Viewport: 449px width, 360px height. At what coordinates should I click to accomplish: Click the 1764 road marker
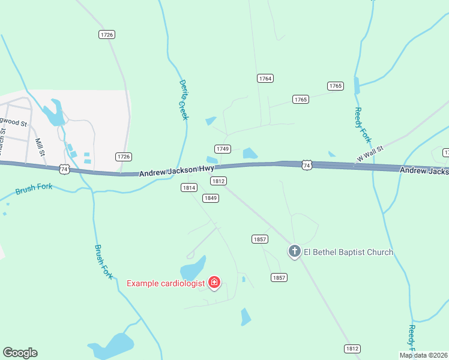[265, 79]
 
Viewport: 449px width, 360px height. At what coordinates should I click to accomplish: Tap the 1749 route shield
[223, 149]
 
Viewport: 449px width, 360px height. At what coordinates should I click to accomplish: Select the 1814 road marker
[189, 188]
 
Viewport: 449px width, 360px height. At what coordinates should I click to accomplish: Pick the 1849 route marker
[210, 198]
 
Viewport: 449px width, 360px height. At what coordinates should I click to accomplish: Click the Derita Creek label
[184, 100]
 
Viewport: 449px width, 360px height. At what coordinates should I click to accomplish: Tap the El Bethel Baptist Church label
[348, 252]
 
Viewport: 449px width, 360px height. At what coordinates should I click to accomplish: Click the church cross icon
[294, 251]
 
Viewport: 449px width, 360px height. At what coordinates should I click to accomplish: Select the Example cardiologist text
[166, 283]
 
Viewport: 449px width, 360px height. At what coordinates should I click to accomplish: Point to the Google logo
[20, 353]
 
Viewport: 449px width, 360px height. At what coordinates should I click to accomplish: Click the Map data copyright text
[423, 355]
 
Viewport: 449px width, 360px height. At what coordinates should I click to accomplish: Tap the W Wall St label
[369, 155]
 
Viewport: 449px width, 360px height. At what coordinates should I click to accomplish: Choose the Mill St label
[40, 146]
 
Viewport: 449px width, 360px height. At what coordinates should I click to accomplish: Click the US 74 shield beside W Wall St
[307, 165]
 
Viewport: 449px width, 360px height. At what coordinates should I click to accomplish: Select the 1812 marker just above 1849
[218, 181]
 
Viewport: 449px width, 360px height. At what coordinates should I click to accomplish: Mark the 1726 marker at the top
[107, 35]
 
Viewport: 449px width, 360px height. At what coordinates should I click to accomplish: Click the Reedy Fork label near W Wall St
[363, 125]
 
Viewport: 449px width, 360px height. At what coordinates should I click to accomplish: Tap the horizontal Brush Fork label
[34, 189]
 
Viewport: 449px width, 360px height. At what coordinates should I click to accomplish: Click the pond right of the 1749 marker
[250, 154]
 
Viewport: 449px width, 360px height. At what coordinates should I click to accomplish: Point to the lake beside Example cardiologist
[193, 269]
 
